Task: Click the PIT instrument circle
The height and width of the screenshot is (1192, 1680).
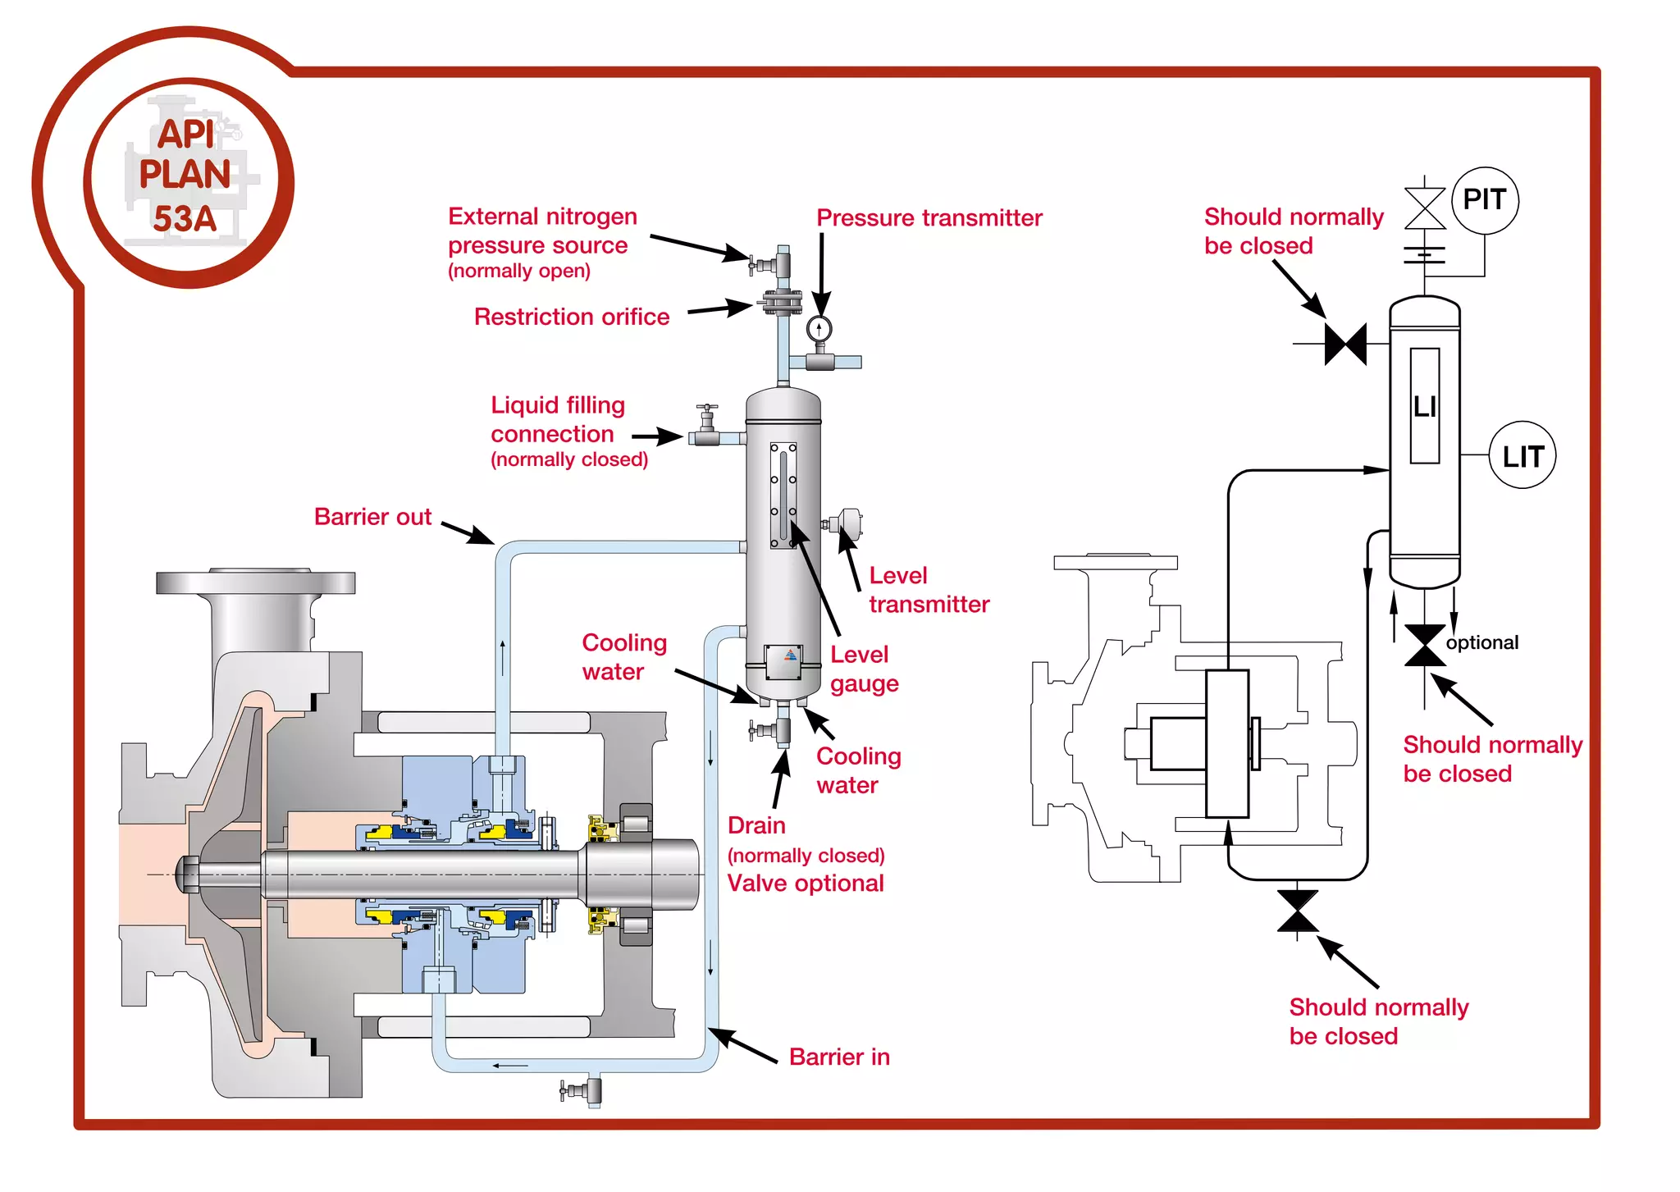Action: (x=1484, y=200)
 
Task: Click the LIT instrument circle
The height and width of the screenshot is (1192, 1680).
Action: (x=1522, y=456)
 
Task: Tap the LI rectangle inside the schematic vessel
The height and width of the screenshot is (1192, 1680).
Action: (x=1425, y=406)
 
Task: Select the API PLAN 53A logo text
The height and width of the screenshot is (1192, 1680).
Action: (x=186, y=177)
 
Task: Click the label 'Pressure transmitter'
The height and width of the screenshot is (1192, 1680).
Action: (x=929, y=218)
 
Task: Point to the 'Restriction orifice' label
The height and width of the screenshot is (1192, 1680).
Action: (x=571, y=317)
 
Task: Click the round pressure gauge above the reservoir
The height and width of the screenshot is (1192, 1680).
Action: (x=819, y=329)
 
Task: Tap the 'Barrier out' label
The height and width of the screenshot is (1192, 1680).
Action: (x=372, y=517)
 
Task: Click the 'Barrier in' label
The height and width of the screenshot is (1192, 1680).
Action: (x=839, y=1057)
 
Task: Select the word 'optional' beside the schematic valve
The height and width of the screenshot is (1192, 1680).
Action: (x=1481, y=642)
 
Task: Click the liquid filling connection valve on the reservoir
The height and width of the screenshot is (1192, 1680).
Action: (x=706, y=427)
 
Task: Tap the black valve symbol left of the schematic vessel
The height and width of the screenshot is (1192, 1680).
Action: (x=1345, y=344)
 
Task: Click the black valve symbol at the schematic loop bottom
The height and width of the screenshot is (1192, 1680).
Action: (x=1297, y=911)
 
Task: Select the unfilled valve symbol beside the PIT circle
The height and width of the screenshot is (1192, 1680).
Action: (x=1425, y=208)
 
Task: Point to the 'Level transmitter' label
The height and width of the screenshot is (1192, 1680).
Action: (x=929, y=590)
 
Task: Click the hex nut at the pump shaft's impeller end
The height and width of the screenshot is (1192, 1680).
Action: (x=188, y=875)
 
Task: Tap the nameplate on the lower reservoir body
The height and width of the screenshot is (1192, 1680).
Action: (x=783, y=661)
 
